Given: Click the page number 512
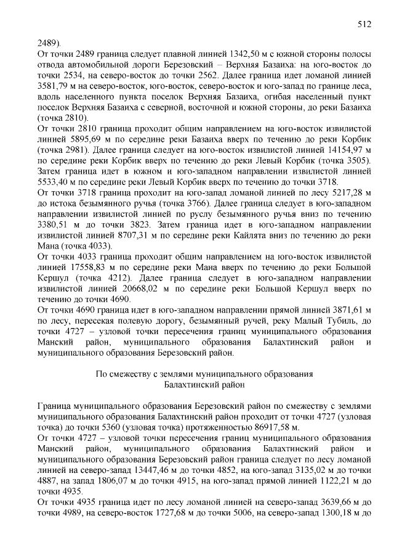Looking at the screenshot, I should pos(364,24).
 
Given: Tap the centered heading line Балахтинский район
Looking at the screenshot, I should pos(204,385).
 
